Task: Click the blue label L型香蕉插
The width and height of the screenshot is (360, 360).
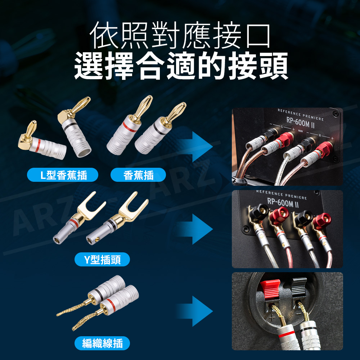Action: click(x=62, y=175)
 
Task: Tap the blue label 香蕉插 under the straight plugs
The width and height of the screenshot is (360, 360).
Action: click(x=138, y=175)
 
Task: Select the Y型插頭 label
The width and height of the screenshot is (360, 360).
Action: click(x=102, y=260)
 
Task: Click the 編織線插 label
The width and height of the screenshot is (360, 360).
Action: click(x=102, y=343)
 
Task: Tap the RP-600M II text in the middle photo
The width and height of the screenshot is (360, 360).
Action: click(x=283, y=202)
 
